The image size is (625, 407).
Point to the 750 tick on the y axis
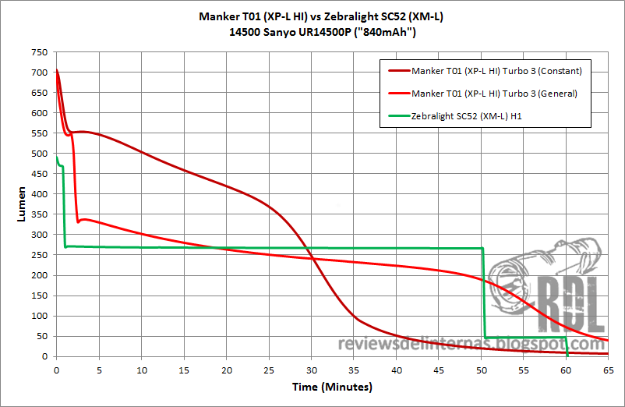(x=37, y=52)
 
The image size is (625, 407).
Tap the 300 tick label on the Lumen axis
(x=37, y=235)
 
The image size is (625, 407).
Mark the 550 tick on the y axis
(x=37, y=133)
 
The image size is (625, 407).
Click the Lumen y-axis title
(x=21, y=204)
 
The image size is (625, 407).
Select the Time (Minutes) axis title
(x=331, y=387)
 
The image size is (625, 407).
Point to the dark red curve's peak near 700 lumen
(x=57, y=72)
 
